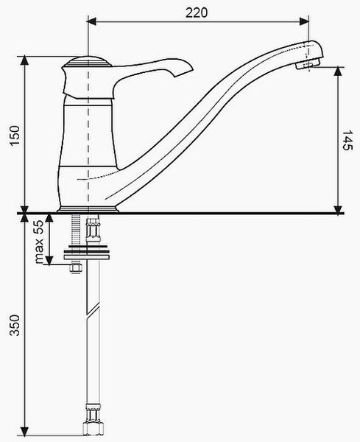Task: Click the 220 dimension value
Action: (x=197, y=13)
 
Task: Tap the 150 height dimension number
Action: (x=15, y=136)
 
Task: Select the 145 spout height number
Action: (x=347, y=140)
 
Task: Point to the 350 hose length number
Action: (x=15, y=326)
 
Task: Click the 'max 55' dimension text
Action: (x=39, y=242)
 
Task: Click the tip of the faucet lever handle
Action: (x=192, y=69)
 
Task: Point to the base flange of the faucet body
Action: (x=88, y=209)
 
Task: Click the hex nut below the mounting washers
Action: (x=76, y=267)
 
